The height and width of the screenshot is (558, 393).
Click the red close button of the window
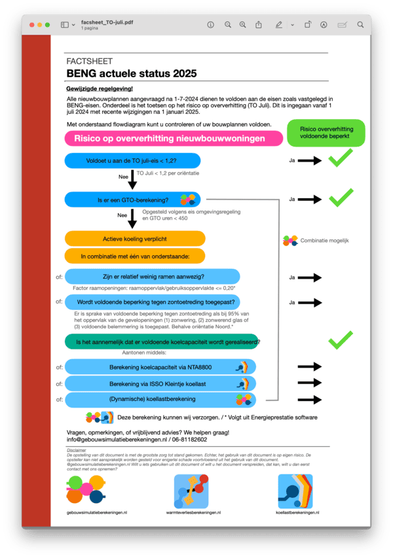pyautogui.click(x=29, y=25)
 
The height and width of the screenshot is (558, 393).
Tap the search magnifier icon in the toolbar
pyautogui.click(x=360, y=25)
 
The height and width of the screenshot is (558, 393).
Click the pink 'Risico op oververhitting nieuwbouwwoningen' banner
pyautogui.click(x=170, y=139)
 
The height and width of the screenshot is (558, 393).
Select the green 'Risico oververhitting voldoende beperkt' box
pyautogui.click(x=326, y=133)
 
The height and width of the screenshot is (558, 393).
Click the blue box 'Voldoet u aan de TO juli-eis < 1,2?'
pyautogui.click(x=132, y=160)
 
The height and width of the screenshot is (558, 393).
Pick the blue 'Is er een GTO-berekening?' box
pyautogui.click(x=132, y=200)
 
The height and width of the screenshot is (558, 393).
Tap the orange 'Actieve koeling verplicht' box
pyautogui.click(x=135, y=239)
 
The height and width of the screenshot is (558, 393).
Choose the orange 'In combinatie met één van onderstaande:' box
pyautogui.click(x=135, y=256)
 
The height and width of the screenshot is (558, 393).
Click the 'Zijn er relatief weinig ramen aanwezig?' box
pyautogui.click(x=153, y=277)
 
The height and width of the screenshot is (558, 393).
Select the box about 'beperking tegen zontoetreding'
pyautogui.click(x=153, y=302)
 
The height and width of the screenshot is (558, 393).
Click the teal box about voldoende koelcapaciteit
pyautogui.click(x=162, y=341)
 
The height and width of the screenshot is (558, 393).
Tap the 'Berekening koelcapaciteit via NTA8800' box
pyautogui.click(x=160, y=367)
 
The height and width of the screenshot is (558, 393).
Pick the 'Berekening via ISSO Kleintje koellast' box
pyautogui.click(x=160, y=383)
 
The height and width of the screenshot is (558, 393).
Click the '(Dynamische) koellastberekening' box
pyautogui.click(x=160, y=399)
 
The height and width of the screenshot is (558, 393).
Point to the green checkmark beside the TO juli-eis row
pyautogui.click(x=339, y=158)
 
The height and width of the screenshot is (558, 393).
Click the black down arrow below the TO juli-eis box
pyautogui.click(x=132, y=179)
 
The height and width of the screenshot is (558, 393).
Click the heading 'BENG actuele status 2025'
pyautogui.click(x=131, y=74)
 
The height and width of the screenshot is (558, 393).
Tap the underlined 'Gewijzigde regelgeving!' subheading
pyautogui.click(x=100, y=88)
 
